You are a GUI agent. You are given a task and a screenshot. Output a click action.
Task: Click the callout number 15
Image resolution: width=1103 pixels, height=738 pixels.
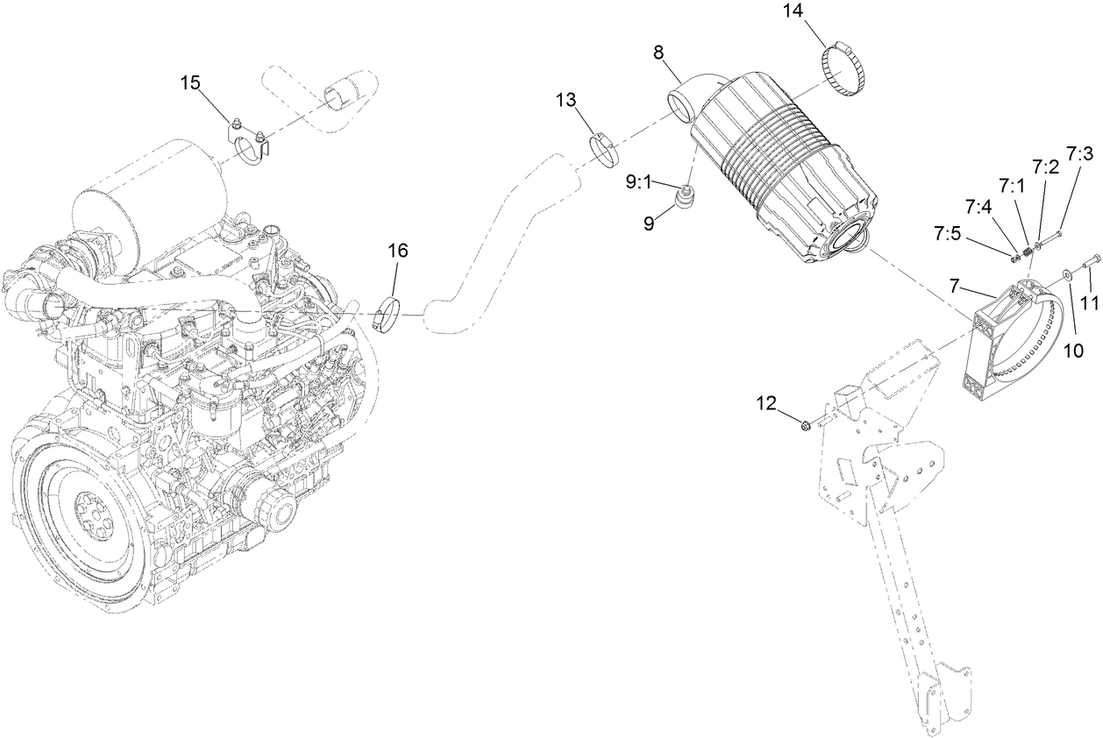tap(190, 82)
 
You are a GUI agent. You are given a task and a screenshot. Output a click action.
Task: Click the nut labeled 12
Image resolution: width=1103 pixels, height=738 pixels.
tap(804, 426)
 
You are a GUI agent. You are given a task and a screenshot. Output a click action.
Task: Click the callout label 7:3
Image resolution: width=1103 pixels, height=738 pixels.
tap(1079, 153)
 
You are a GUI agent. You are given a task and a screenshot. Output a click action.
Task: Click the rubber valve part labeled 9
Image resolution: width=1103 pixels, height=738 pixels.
tap(683, 204)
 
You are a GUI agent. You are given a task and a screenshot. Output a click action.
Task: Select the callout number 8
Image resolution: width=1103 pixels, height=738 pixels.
tap(658, 52)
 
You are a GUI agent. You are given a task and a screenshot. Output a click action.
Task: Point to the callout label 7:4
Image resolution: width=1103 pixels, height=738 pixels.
tap(978, 207)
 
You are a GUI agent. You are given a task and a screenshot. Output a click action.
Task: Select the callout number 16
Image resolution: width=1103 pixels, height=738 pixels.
tap(397, 251)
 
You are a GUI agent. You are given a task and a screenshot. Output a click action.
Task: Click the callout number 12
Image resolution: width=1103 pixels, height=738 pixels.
tap(766, 402)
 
